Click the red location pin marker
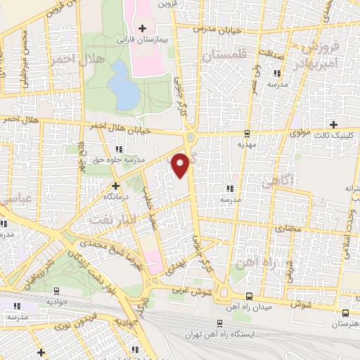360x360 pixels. click(x=181, y=165)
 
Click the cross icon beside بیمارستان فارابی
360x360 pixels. click(x=143, y=28)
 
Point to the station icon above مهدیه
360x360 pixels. click(x=246, y=133)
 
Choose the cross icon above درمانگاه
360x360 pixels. click(x=116, y=186)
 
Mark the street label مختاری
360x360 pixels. click(x=285, y=229)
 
